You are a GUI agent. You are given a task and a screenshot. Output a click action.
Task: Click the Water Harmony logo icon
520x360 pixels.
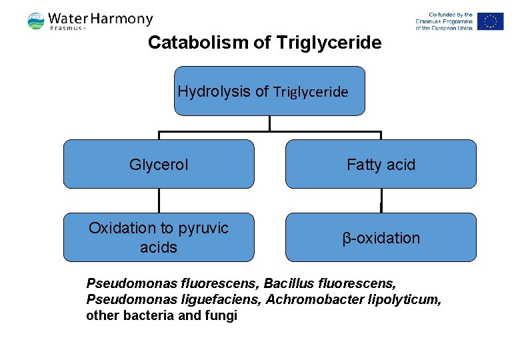36,21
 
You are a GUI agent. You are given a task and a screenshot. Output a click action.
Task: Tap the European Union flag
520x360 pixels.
490,21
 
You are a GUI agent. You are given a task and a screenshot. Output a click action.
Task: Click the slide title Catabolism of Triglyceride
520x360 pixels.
265,43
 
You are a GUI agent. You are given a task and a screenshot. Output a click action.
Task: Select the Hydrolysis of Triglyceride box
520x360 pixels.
269,91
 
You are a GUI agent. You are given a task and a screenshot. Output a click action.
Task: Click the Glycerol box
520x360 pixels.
159,164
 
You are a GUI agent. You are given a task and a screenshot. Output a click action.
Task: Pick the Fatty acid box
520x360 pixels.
381,164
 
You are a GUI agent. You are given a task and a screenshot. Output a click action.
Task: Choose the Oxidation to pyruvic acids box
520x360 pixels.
159,237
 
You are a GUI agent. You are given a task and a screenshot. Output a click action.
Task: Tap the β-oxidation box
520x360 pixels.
381,237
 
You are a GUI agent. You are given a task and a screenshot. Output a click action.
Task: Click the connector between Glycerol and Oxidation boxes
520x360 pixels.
159,200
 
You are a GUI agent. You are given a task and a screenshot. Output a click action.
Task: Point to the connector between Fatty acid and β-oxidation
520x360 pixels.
381,200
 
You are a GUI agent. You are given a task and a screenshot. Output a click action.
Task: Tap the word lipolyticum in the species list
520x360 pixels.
404,299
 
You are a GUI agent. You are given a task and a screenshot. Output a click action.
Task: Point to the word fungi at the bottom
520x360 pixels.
221,315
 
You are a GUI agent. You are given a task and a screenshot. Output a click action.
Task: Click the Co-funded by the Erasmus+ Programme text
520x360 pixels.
443,21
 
